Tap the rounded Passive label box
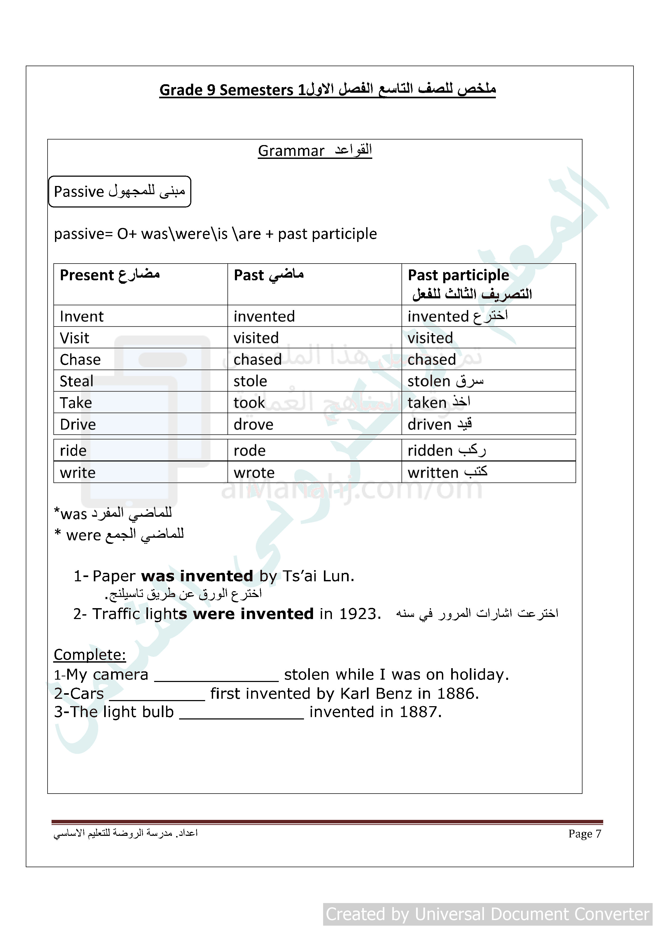(119, 192)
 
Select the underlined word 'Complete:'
(90, 655)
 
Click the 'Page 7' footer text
(584, 833)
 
